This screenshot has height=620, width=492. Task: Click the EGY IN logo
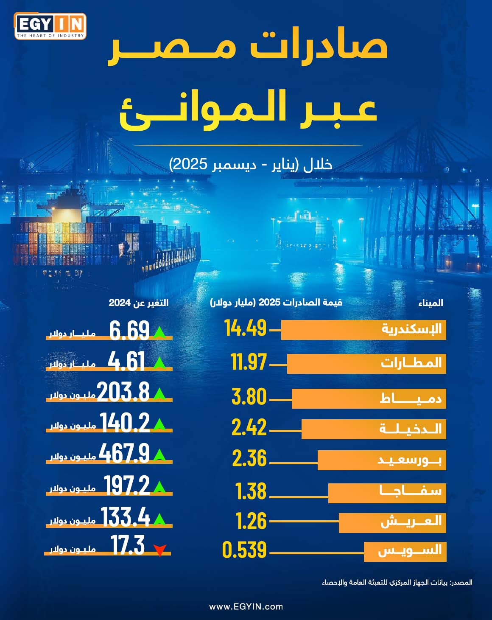coord(50,26)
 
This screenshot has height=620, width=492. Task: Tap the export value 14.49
coord(245,328)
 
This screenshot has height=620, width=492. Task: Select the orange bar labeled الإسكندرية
coord(363,330)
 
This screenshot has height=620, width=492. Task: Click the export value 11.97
coord(249,362)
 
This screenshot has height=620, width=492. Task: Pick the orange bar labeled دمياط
coord(369,398)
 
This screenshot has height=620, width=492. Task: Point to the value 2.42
coord(249,427)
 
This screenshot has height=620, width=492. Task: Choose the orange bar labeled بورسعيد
coord(381,460)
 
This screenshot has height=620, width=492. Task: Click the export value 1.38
coord(251,491)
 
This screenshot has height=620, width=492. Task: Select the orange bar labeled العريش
coord(392,522)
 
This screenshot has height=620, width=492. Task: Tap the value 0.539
coord(244,550)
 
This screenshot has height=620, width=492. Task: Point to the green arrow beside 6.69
coord(159,332)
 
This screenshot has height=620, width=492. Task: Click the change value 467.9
coord(124,453)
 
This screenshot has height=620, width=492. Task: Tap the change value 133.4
coord(125,517)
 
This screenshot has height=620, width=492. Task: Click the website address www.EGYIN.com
coord(246,606)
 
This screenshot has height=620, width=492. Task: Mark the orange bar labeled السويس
coord(405,552)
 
